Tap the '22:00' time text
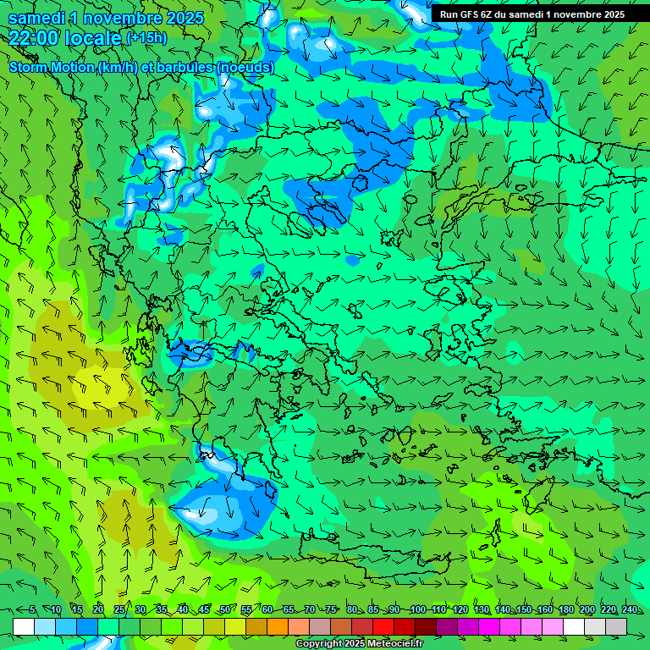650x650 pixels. pos(33,37)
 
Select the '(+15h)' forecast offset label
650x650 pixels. pos(146,37)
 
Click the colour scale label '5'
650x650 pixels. pos(32,610)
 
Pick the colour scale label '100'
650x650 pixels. pos(417,610)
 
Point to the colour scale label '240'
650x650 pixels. pos(630,610)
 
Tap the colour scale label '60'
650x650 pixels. pos(267,610)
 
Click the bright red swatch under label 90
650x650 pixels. pos(383,626)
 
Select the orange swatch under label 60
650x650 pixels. pos(256,626)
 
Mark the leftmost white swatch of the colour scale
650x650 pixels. pos(24,626)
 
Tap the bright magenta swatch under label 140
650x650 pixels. pos(511,626)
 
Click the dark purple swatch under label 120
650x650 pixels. pos(447,626)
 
